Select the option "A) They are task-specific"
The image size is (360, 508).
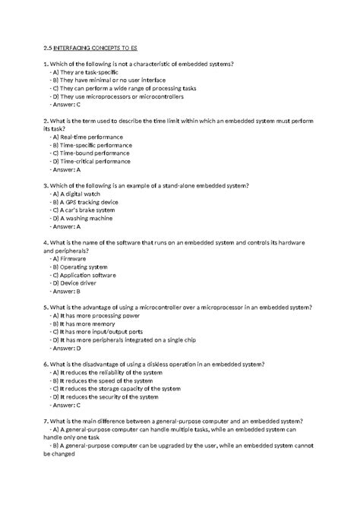[84, 71]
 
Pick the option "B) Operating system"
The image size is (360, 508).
[80, 267]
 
